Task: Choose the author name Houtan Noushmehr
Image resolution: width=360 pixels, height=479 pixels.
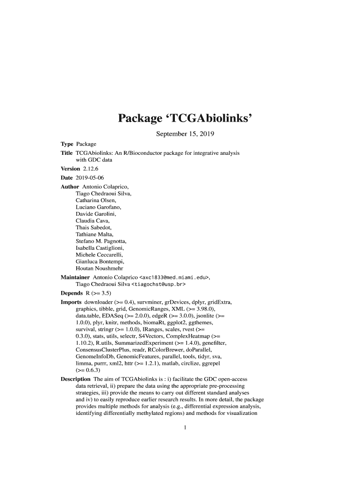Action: (x=99, y=269)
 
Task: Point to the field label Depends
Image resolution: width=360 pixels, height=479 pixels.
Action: (x=72, y=293)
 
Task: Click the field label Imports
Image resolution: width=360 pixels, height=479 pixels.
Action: (x=71, y=302)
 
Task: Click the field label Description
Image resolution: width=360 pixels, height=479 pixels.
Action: (x=76, y=379)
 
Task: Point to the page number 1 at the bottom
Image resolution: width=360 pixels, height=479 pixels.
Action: (x=186, y=427)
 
